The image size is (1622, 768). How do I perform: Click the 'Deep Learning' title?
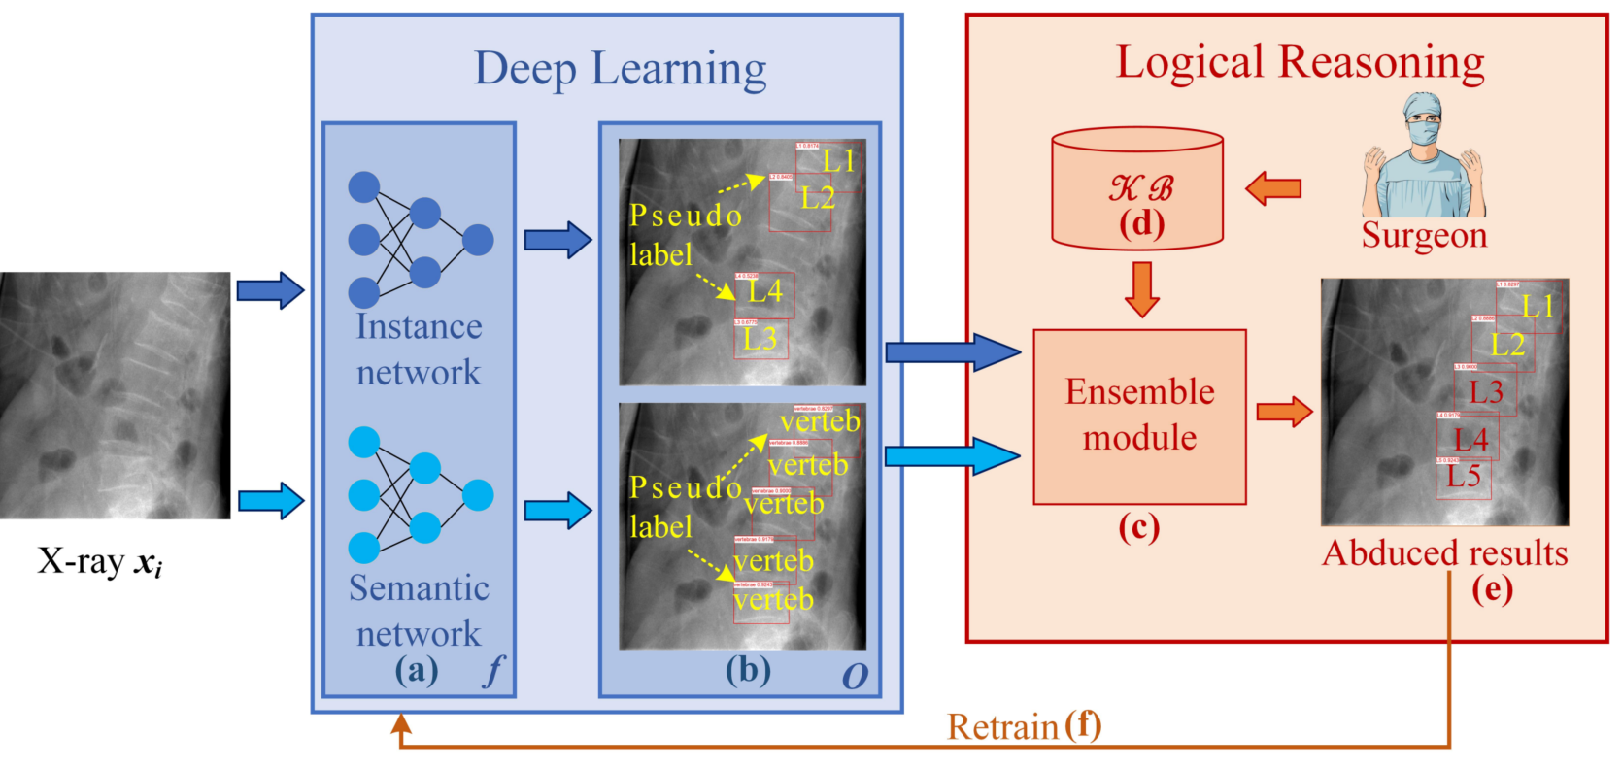(620, 69)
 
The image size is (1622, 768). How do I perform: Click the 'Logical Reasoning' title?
(1300, 62)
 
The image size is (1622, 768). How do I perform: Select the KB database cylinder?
(1137, 188)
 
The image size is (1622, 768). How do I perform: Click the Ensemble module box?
(1139, 417)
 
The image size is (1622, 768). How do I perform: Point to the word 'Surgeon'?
(1424, 235)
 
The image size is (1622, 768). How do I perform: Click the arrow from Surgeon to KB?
(1272, 187)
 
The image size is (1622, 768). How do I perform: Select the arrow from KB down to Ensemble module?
(1142, 288)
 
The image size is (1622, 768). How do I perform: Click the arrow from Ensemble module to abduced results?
(1283, 412)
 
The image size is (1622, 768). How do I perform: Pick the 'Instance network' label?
(419, 350)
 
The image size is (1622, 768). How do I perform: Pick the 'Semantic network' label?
(419, 611)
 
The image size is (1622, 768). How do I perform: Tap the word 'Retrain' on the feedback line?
(1002, 727)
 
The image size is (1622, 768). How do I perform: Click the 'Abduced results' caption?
(1445, 552)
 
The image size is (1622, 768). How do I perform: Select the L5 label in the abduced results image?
(1464, 476)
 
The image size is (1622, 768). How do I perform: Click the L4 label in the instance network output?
(764, 290)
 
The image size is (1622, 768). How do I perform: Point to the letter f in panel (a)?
(494, 671)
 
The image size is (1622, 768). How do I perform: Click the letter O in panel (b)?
(855, 676)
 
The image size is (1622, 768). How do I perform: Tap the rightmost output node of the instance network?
(478, 240)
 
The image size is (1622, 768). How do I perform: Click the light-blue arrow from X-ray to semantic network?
(271, 501)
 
